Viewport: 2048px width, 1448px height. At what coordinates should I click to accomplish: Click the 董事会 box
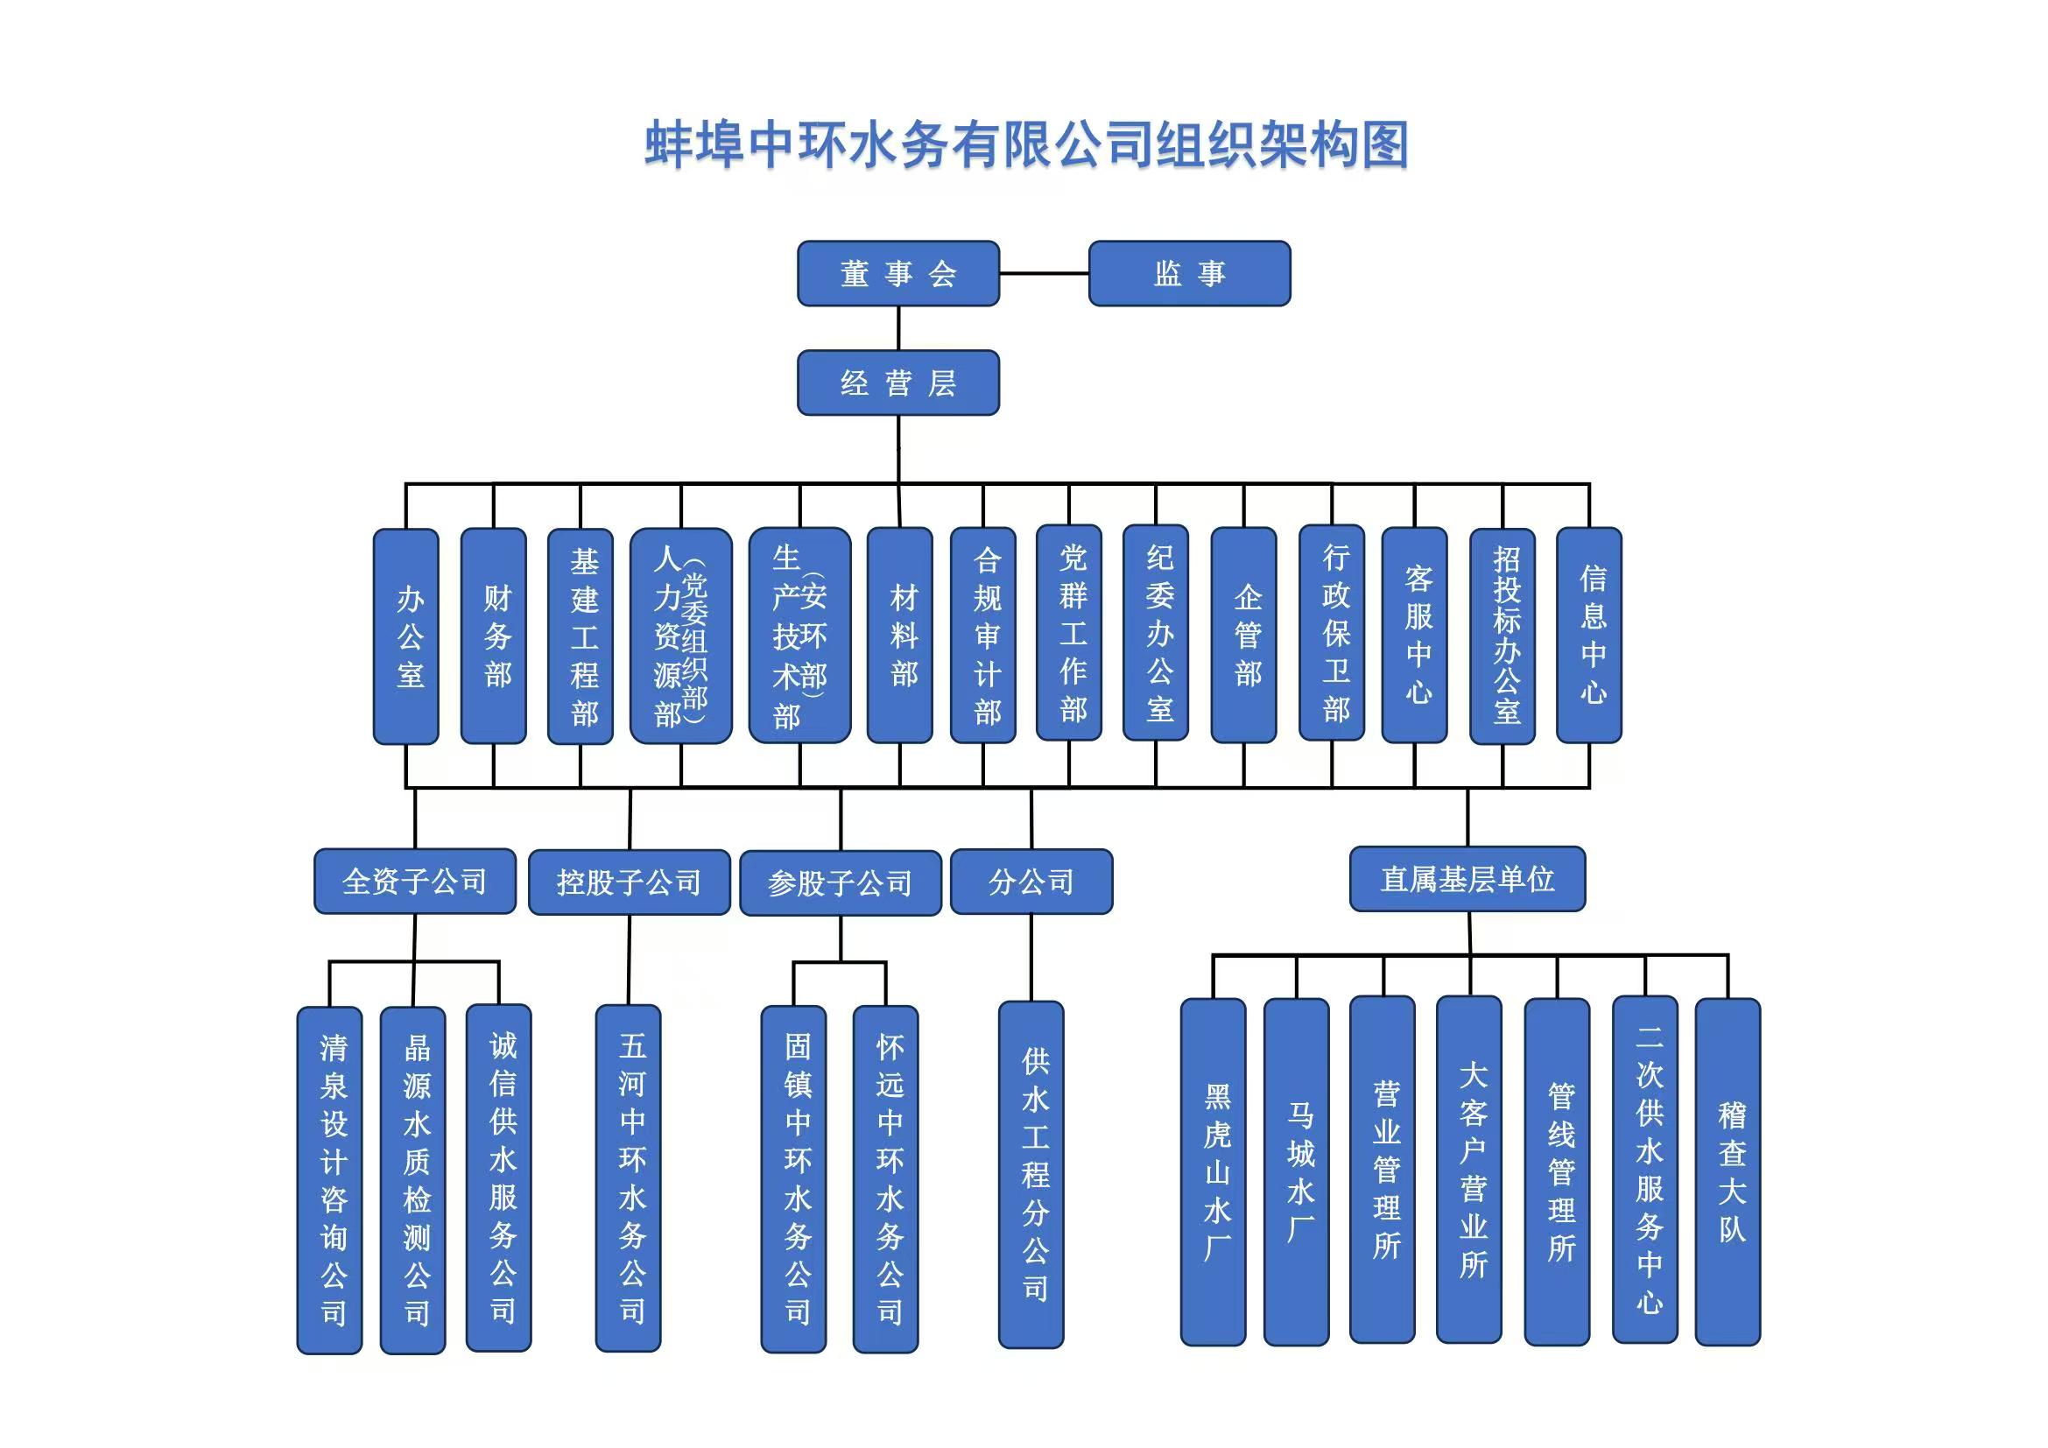[897, 274]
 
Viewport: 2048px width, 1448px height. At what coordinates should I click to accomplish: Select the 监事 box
[1189, 274]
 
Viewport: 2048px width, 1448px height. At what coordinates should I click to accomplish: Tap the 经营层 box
[897, 383]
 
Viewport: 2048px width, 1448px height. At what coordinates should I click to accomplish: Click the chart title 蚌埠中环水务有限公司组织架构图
[1026, 144]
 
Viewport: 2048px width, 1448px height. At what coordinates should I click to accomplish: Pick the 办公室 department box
[406, 636]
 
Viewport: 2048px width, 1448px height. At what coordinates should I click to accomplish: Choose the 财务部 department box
[493, 636]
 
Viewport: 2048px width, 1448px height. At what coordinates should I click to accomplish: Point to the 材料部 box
[900, 636]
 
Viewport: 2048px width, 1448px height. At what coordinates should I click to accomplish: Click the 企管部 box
[1243, 636]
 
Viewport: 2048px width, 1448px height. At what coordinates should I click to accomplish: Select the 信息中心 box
[1588, 636]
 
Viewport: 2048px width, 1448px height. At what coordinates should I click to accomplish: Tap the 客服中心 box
[1414, 636]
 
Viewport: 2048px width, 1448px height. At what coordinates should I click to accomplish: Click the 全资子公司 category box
[415, 881]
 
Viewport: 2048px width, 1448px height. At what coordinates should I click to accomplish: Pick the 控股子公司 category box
[629, 882]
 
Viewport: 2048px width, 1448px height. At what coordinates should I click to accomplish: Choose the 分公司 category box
[1031, 881]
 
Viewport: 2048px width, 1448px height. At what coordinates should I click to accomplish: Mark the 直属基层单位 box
[1467, 879]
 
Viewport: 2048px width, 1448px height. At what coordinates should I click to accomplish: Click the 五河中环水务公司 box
[628, 1177]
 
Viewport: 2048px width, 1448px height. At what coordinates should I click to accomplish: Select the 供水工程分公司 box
[1031, 1174]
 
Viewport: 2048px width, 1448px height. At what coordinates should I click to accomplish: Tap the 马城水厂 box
[1296, 1171]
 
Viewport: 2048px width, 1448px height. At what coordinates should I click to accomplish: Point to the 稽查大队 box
[1728, 1171]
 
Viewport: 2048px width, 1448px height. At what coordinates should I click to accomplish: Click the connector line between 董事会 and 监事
[1044, 274]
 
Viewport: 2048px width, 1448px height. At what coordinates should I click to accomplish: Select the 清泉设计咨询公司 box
[329, 1179]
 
